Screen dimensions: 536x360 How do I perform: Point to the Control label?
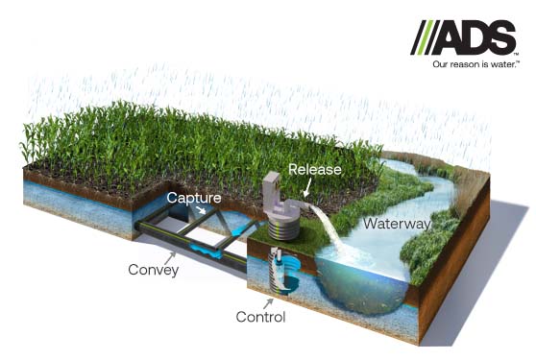click(x=260, y=316)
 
